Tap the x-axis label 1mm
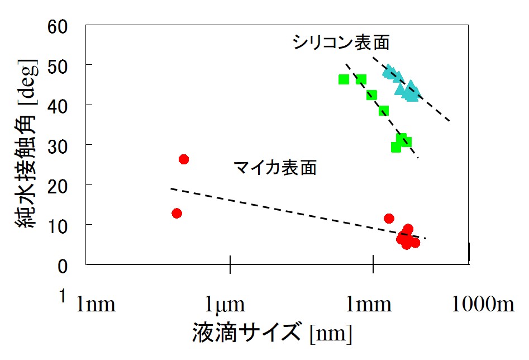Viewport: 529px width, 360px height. click(373, 305)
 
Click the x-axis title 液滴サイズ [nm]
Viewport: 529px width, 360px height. click(272, 334)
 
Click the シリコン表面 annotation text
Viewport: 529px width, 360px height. click(341, 42)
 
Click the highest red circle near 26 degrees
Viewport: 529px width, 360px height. click(183, 159)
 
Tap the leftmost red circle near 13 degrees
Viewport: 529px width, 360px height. click(177, 213)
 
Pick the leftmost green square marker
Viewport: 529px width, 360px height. click(344, 79)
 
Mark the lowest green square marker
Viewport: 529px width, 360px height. click(396, 147)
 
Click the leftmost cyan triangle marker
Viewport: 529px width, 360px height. click(388, 71)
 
